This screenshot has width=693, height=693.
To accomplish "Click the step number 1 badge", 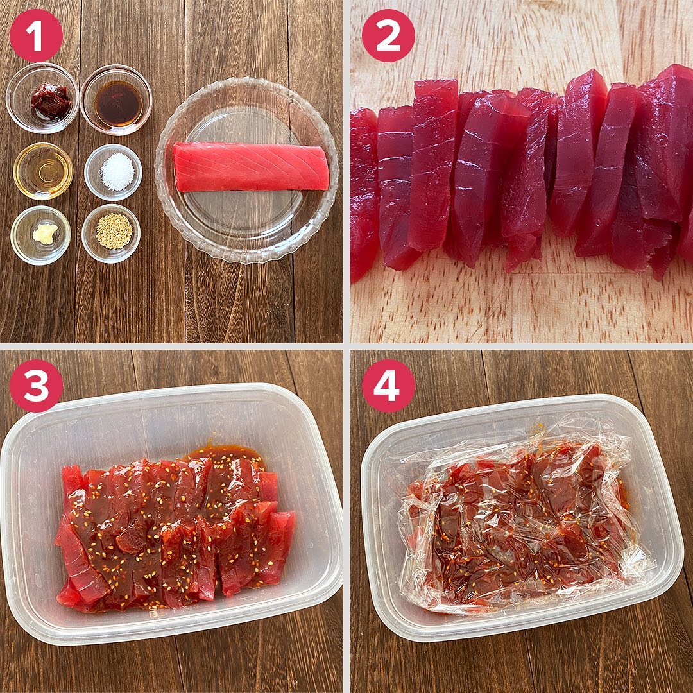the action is [x=36, y=35].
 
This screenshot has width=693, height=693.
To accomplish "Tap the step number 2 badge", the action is [x=388, y=35].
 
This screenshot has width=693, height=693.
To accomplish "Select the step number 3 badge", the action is [x=36, y=386].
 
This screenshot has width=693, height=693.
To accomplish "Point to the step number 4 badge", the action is [x=388, y=386].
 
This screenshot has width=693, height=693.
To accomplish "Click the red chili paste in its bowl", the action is [x=51, y=100].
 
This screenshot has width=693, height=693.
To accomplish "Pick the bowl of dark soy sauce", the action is [x=116, y=100].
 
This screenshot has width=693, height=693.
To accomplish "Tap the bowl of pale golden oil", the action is [x=43, y=171].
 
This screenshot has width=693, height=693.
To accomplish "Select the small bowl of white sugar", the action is [x=113, y=172].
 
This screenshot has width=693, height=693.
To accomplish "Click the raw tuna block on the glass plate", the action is [x=250, y=167].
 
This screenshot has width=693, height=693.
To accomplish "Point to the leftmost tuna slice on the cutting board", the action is [x=363, y=194].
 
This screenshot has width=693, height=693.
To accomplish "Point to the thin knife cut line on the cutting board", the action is [x=574, y=273].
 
